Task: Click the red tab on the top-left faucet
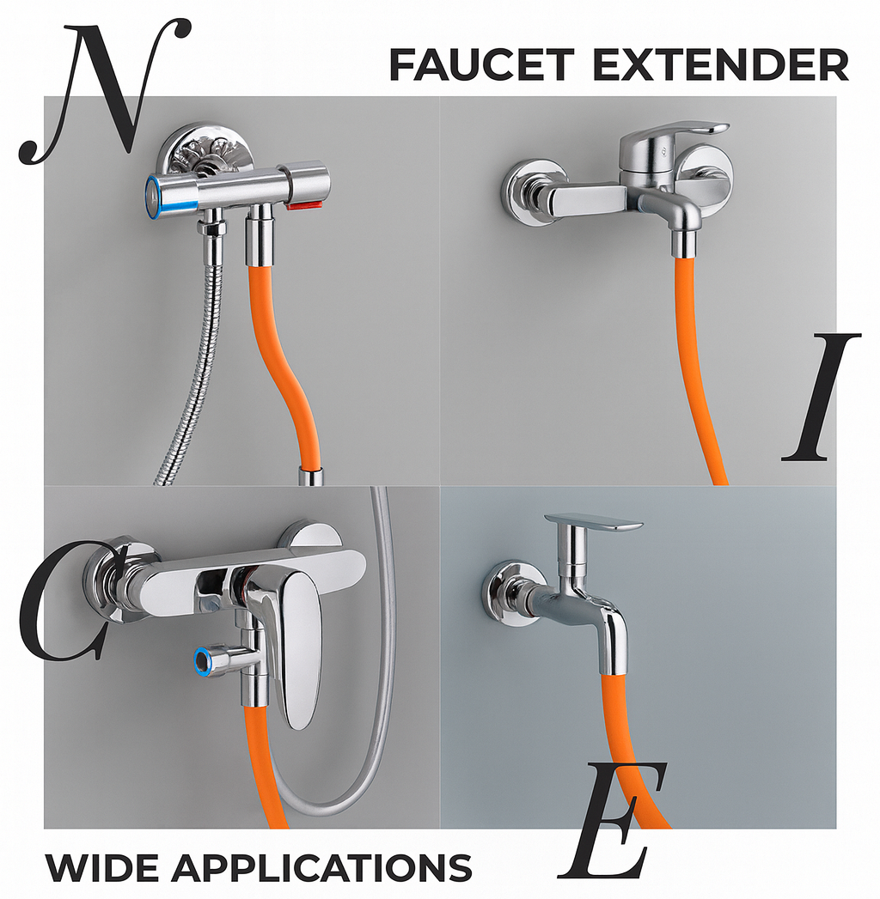[x=308, y=206]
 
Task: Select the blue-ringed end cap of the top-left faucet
[x=156, y=193]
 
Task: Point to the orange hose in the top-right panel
[x=698, y=361]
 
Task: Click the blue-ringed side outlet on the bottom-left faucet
[x=204, y=659]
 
